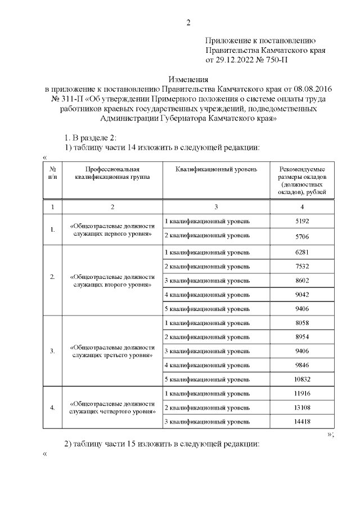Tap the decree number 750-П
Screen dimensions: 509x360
pos(273,60)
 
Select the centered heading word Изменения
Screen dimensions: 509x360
pos(189,80)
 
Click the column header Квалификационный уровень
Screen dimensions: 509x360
pos(216,169)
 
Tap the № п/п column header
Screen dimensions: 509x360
pos(52,172)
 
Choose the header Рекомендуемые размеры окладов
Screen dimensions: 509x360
pos(302,180)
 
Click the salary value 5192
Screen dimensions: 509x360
pos(302,221)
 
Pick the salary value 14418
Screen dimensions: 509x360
pos(302,421)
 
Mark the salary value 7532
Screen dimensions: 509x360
pos(302,265)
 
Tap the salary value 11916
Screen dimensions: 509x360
pos(302,393)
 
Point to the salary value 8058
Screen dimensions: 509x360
pos(302,323)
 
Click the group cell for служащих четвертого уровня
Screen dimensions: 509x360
pos(112,407)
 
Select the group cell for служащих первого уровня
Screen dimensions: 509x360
pos(112,229)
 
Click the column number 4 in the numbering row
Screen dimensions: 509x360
pos(302,207)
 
